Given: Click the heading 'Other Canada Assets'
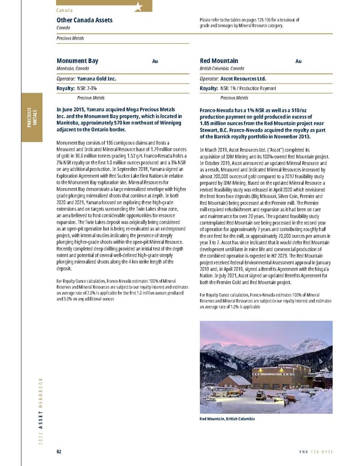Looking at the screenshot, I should point(84,20).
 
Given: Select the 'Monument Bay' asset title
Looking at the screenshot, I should point(77,61).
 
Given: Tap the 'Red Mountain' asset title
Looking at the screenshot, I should point(218,61).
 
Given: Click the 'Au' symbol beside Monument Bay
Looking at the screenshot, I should point(155,61).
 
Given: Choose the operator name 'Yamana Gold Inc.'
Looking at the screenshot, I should point(96,79).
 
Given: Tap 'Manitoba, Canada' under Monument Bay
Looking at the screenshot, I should point(75,69).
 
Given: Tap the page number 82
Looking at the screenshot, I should point(59,452).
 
